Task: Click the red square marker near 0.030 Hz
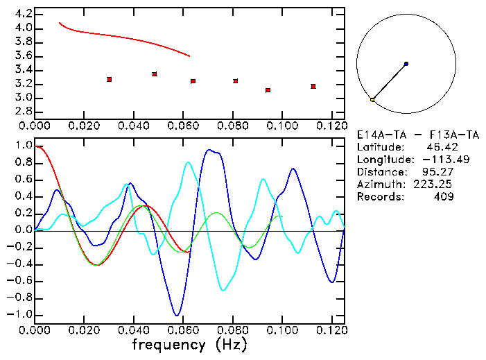point(110,80)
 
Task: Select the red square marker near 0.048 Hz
point(155,74)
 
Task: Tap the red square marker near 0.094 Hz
point(268,90)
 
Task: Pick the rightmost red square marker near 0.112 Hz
point(313,86)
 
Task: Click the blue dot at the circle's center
point(406,64)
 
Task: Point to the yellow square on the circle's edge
point(372,100)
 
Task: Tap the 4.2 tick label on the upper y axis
point(24,14)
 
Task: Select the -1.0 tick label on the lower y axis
point(19,314)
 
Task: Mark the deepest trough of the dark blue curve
point(177,315)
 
